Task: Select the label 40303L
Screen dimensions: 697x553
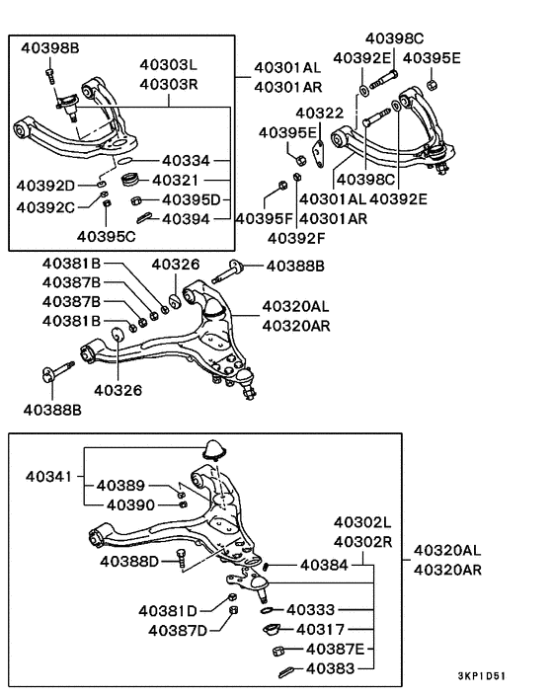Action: tap(169, 66)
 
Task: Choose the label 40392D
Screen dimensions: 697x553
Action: tap(46, 185)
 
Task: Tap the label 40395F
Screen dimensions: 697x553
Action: tap(264, 218)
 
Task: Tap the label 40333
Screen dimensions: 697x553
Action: tap(315, 610)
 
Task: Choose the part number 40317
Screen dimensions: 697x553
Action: tap(320, 629)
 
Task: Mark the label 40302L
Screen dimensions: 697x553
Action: tap(362, 520)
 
